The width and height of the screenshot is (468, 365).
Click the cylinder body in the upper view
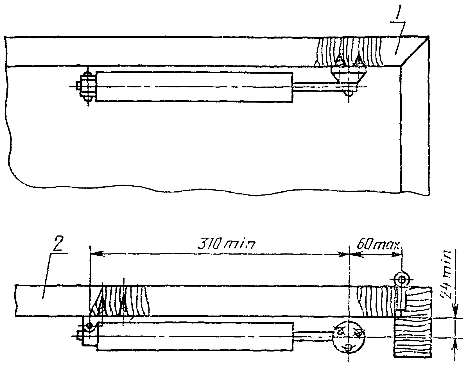194,87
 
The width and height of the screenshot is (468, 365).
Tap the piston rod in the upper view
312,86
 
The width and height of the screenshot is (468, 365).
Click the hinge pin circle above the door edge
402,279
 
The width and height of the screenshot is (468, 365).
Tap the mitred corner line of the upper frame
415,52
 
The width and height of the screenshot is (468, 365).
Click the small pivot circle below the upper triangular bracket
349,93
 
